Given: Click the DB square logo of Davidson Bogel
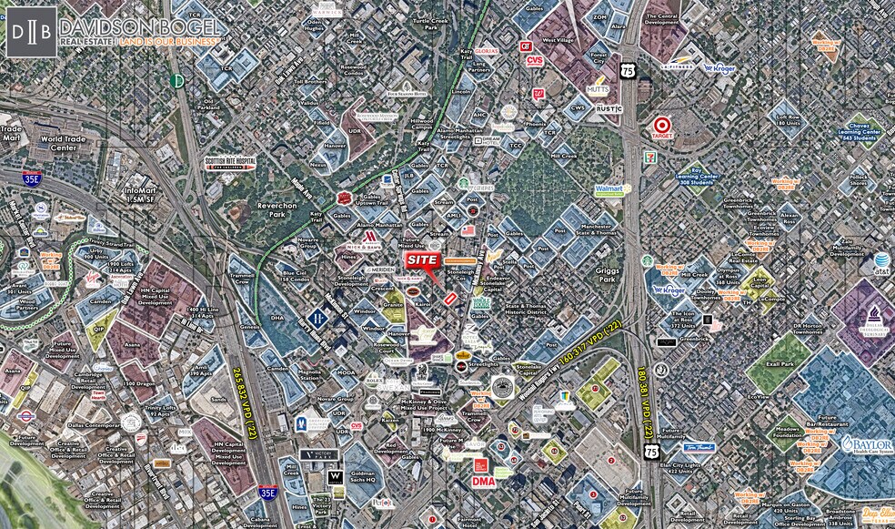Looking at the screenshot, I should click(31, 31).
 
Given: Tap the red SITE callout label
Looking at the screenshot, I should click(422, 260).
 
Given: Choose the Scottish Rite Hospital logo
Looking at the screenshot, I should click(230, 163).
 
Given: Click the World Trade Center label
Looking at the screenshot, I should click(63, 143).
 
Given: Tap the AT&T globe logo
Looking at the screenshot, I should click(882, 262).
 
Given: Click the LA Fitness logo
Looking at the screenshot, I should click(678, 66).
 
